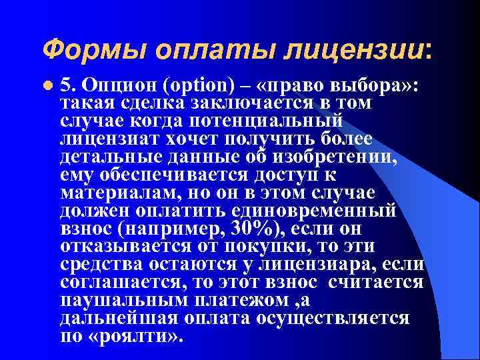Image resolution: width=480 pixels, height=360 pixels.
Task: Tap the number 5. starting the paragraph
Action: point(68,87)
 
